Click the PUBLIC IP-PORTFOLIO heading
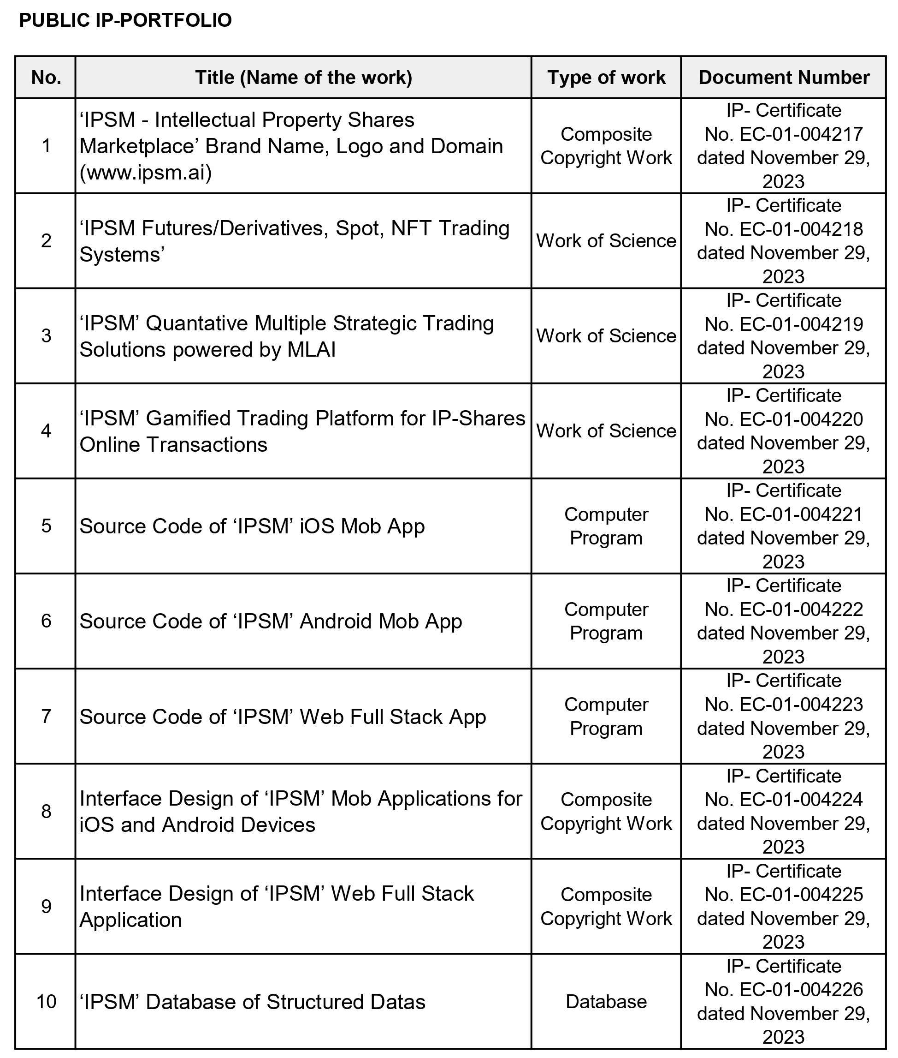pyautogui.click(x=125, y=20)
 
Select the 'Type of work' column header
pyautogui.click(x=606, y=78)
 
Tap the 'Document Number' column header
pyautogui.click(x=784, y=78)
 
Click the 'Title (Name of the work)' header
pyautogui.click(x=303, y=78)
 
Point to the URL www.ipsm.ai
pyautogui.click(x=146, y=173)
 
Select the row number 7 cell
pyautogui.click(x=46, y=716)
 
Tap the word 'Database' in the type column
pyautogui.click(x=606, y=1001)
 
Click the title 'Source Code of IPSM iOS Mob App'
pyautogui.click(x=252, y=526)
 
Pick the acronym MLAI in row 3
pyautogui.click(x=311, y=350)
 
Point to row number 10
pyautogui.click(x=46, y=1001)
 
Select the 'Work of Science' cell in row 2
pyautogui.click(x=606, y=241)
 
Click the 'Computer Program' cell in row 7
pyautogui.click(x=606, y=716)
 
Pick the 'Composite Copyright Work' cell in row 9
pyautogui.click(x=606, y=907)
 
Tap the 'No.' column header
pyautogui.click(x=46, y=78)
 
